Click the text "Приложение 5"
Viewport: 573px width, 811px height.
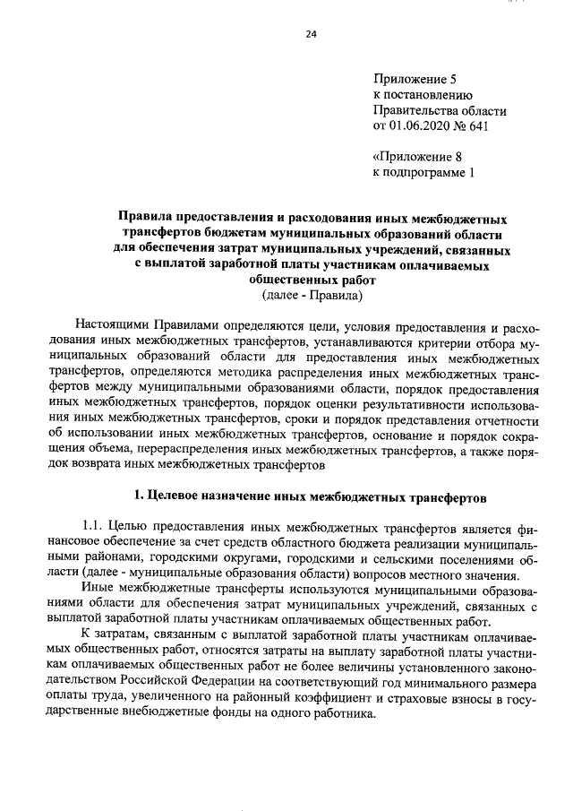tap(414, 79)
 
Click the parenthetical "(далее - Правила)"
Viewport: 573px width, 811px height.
tap(311, 295)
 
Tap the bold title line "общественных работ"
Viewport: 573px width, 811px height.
tap(311, 280)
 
